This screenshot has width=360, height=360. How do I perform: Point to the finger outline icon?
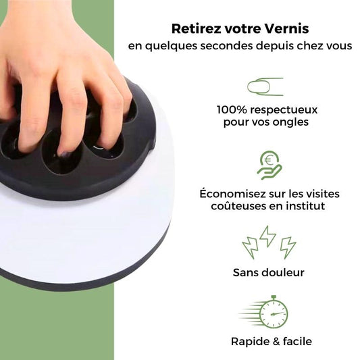tap(265, 86)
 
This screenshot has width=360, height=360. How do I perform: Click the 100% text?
tap(232, 109)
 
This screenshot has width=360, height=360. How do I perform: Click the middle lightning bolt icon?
tap(267, 236)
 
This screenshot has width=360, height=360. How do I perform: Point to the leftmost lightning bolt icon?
tap(250, 249)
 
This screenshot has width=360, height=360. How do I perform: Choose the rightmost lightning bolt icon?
tap(288, 247)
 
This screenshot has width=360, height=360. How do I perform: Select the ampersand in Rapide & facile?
tap(272, 341)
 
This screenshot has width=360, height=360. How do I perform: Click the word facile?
tap(297, 341)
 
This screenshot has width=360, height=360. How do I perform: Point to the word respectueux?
tap(284, 111)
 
